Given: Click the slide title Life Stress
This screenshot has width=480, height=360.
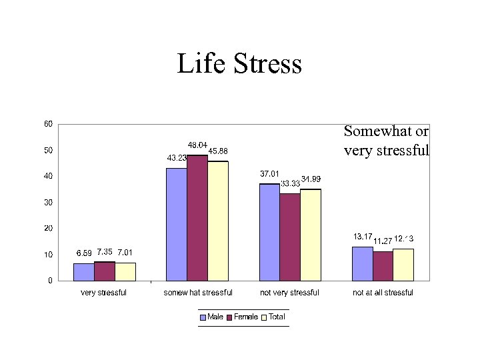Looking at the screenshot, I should (239, 64).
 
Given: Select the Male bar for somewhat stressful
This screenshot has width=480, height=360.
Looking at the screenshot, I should (176, 224).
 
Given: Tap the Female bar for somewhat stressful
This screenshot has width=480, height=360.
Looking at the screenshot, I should (197, 218).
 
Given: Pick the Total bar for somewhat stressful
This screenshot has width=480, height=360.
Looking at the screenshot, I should (217, 221).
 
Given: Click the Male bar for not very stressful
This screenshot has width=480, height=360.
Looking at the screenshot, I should (269, 232).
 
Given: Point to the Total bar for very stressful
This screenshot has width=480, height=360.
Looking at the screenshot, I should (125, 271).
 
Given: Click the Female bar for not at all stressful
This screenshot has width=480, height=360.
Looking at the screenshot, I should (383, 265).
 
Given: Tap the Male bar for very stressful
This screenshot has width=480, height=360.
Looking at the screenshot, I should (84, 272).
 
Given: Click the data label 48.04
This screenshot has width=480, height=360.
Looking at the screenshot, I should (196, 145).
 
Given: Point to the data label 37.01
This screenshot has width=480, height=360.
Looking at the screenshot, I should (269, 174).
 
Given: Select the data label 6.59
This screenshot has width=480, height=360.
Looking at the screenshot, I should (84, 253).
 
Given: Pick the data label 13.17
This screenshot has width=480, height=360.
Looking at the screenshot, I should (362, 237).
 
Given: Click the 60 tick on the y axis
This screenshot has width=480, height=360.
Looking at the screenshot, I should (49, 124).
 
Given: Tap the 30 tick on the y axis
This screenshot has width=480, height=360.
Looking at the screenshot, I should (49, 202).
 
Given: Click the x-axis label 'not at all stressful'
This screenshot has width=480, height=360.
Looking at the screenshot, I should (383, 293).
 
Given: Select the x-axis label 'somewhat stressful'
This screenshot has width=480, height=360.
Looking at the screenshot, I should (198, 293).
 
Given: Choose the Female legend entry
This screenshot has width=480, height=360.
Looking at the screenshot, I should (243, 317).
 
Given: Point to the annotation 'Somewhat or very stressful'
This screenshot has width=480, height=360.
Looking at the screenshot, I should (386, 141).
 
